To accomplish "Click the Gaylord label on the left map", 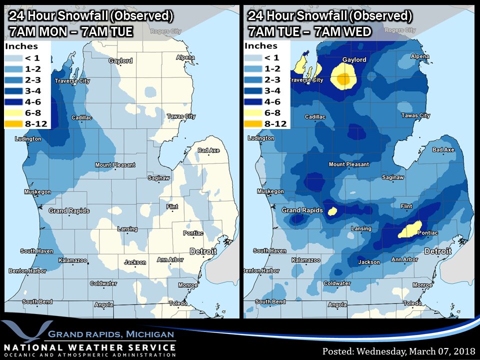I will coord(121,61).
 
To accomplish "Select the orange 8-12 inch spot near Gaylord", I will coord(343,78).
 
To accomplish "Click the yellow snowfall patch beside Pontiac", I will coord(410,230).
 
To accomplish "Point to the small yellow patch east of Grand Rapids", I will coord(332,211).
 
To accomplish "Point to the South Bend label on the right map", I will coord(270,301).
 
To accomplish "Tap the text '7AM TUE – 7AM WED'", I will coord(309,32).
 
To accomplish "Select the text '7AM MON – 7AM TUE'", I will coord(70,32).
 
